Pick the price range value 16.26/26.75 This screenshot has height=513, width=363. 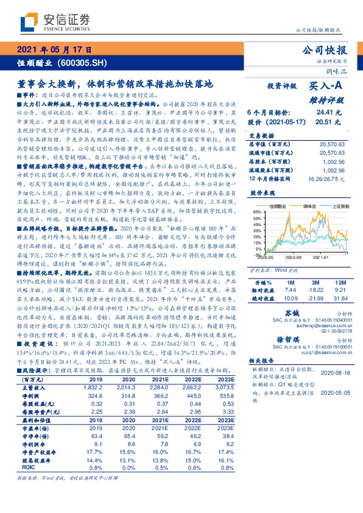330,179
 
